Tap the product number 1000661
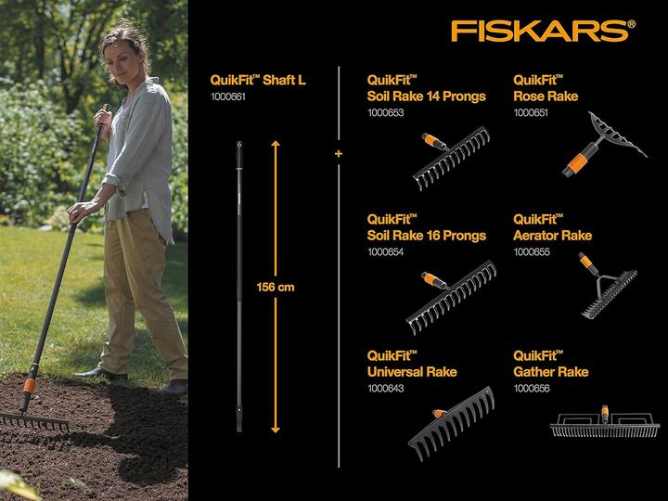point(227,96)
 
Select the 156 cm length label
point(276,288)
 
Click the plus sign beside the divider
point(339,152)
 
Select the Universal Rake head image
point(452,423)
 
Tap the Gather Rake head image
point(604,424)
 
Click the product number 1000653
point(386,112)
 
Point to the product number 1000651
point(531,112)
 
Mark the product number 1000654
point(386,251)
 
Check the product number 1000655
point(531,251)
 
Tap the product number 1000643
point(386,388)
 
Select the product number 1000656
point(531,388)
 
